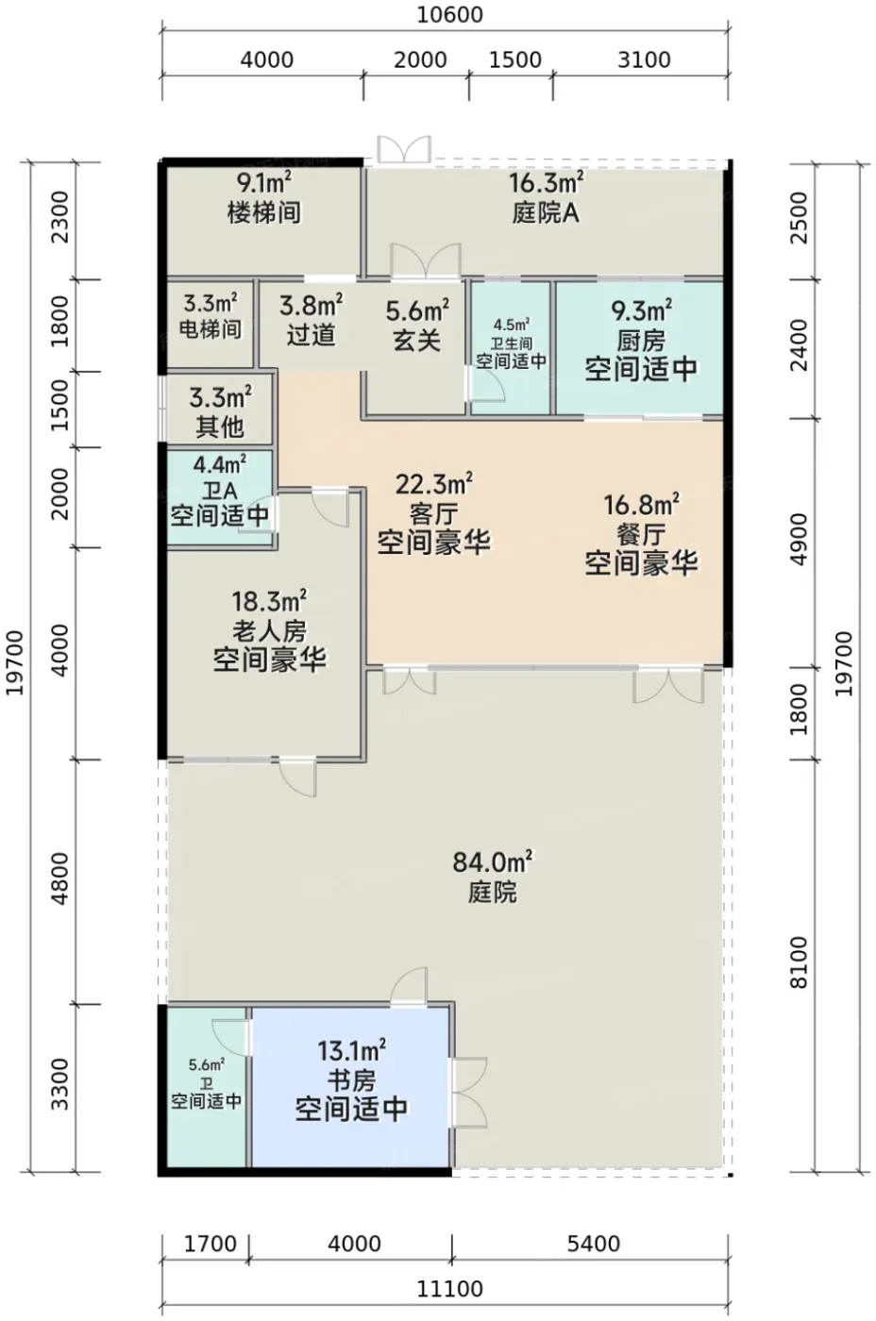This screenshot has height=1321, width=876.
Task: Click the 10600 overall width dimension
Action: (449, 15)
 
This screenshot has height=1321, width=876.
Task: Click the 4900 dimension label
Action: (799, 539)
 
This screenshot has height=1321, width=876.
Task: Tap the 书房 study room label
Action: (351, 1081)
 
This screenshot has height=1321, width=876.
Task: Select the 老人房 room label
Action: (269, 632)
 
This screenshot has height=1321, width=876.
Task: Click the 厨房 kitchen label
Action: (641, 341)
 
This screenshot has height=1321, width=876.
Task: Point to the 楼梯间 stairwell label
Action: (264, 212)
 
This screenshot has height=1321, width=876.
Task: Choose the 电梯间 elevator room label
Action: (211, 329)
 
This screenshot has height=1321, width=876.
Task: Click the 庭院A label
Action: (546, 212)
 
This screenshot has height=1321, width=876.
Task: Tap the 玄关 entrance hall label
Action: (417, 341)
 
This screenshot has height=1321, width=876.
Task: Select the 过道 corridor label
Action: (311, 335)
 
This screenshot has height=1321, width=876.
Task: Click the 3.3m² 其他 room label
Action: (220, 412)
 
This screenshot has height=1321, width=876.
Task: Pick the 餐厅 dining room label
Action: (641, 535)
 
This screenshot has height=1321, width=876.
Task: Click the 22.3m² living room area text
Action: (433, 485)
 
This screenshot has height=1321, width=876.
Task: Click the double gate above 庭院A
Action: (404, 149)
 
